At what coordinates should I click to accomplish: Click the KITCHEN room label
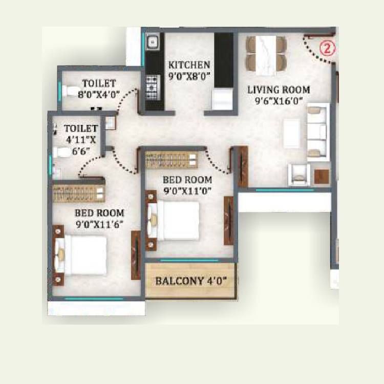click(x=189, y=65)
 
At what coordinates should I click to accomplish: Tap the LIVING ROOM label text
click(x=279, y=90)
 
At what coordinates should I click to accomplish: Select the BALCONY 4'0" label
click(x=190, y=281)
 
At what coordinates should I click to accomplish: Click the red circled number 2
click(x=326, y=49)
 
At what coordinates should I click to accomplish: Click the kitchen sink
click(x=153, y=44)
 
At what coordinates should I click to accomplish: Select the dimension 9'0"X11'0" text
click(x=187, y=191)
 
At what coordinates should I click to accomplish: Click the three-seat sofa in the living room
click(x=317, y=131)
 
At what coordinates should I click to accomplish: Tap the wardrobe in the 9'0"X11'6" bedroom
click(x=79, y=194)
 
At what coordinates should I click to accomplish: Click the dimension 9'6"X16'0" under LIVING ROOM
click(x=279, y=101)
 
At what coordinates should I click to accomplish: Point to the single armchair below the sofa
click(x=298, y=174)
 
